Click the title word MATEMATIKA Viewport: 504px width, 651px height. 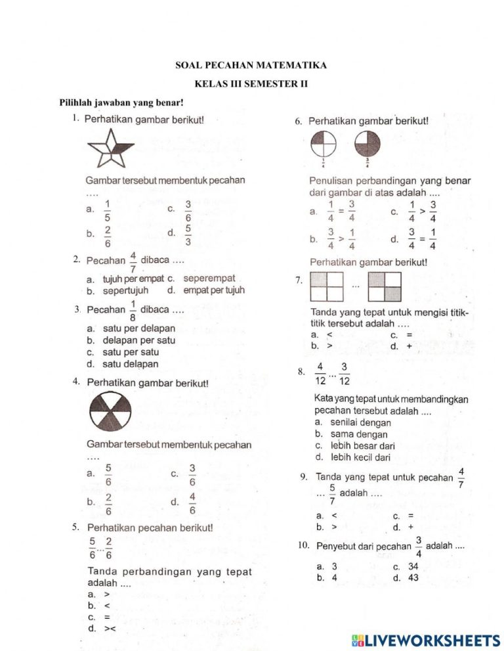coord(289,66)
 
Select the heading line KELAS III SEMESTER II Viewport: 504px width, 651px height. coord(251,84)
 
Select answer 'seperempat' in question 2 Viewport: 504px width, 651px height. coord(209,279)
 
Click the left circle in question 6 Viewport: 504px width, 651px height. coord(323,143)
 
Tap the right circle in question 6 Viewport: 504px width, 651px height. coord(367,143)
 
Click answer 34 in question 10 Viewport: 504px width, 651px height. coord(413,566)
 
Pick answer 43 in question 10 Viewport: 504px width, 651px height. coord(413,578)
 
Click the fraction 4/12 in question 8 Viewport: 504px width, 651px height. coord(320,374)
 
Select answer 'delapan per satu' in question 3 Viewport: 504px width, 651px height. coord(138,340)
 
